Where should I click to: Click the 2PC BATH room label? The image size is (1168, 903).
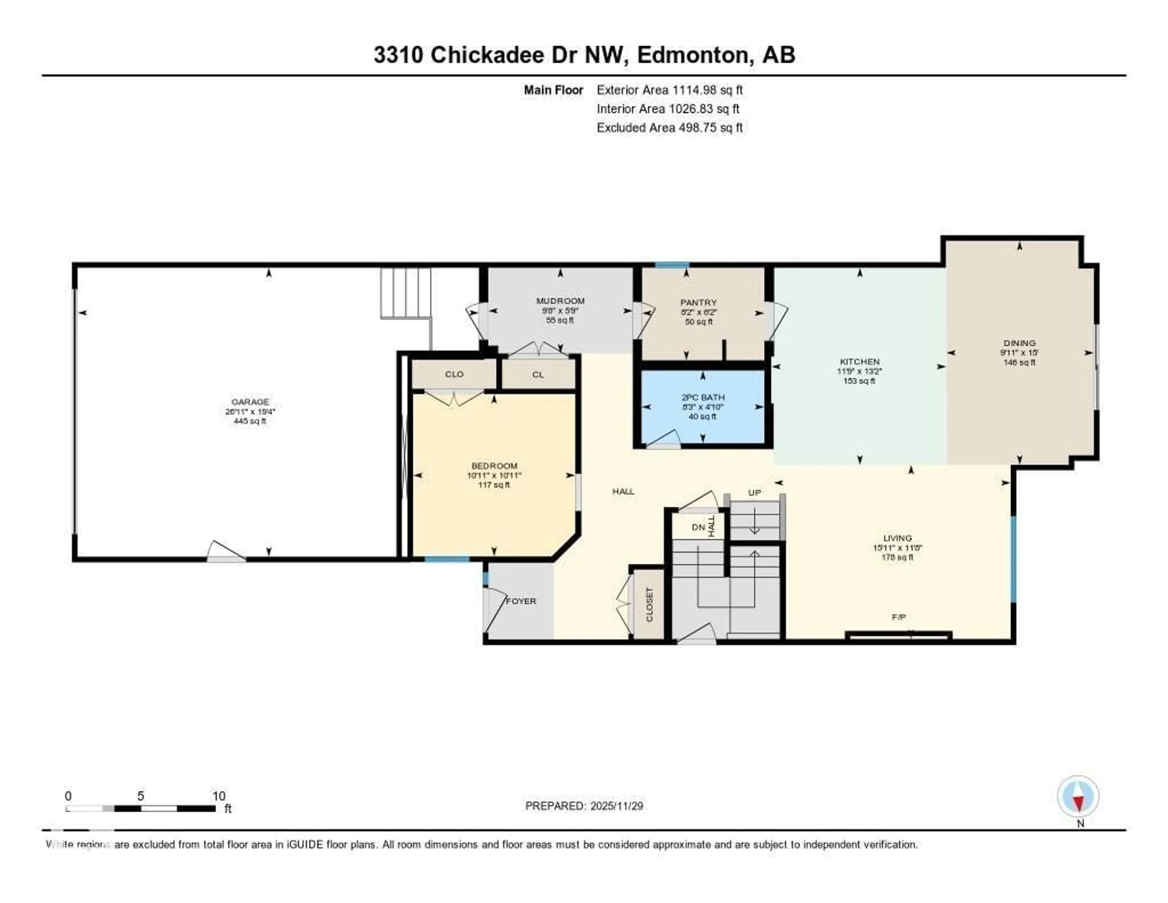703,397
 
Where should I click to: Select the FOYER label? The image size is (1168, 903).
521,601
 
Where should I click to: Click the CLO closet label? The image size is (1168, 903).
454,374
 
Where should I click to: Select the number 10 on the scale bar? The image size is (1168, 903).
219,796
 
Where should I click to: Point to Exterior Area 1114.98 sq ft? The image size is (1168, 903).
669,90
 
